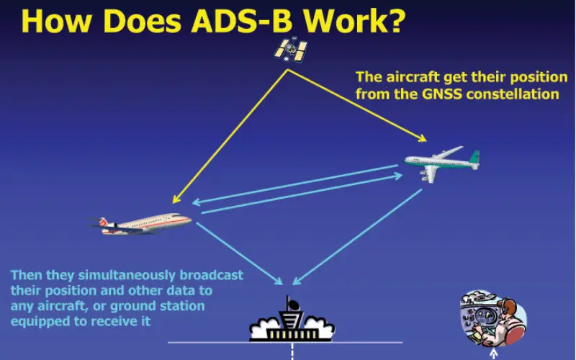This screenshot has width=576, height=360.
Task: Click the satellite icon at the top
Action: [x=290, y=50]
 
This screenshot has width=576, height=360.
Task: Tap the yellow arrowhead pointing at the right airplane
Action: [x=422, y=138]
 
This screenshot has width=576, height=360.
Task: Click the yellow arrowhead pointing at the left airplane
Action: [x=176, y=199]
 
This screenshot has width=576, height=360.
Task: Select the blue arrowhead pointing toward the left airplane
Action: [x=197, y=202]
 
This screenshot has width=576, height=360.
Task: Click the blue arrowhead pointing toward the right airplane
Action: [x=398, y=176]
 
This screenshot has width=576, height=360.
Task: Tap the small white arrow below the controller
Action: [x=494, y=354]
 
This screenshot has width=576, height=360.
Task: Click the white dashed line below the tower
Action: [x=292, y=351]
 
